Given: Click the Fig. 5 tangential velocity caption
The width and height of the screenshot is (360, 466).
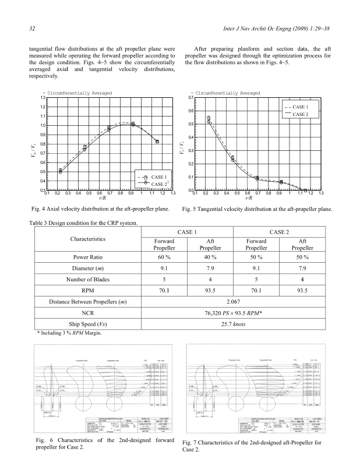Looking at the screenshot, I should tap(257, 209).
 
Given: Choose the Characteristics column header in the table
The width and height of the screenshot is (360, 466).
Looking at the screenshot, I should tap(87, 239).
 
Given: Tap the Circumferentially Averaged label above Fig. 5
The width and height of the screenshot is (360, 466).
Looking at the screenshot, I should tap(227, 93).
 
